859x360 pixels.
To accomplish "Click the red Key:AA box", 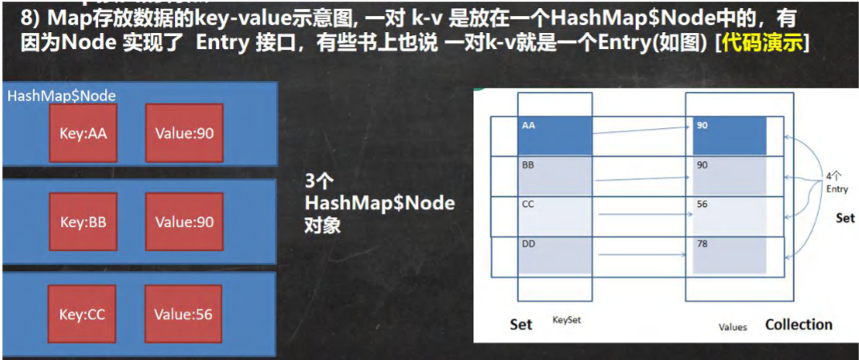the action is pyautogui.click(x=83, y=132).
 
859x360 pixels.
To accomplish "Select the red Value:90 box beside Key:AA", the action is pyautogui.click(x=184, y=132).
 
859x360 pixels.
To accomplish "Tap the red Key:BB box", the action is pyautogui.click(x=83, y=221).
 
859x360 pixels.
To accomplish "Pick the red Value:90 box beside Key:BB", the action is pyautogui.click(x=184, y=221).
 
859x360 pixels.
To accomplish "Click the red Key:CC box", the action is pyautogui.click(x=83, y=313).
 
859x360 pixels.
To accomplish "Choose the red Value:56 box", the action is pyautogui.click(x=184, y=313).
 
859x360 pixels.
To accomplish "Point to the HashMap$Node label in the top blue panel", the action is pyautogui.click(x=62, y=95).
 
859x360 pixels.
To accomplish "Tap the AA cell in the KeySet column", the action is pyautogui.click(x=554, y=135).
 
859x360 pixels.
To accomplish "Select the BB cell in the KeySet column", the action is pyautogui.click(x=554, y=174).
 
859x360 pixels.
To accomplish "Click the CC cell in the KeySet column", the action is pyautogui.click(x=554, y=216).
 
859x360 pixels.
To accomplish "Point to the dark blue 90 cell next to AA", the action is pyautogui.click(x=729, y=135).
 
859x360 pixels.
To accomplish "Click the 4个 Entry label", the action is pyautogui.click(x=837, y=182).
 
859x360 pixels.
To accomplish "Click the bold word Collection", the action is pyautogui.click(x=798, y=324).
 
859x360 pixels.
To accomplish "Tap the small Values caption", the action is pyautogui.click(x=731, y=326).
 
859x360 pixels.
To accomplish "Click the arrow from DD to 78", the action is pyautogui.click(x=642, y=255).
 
